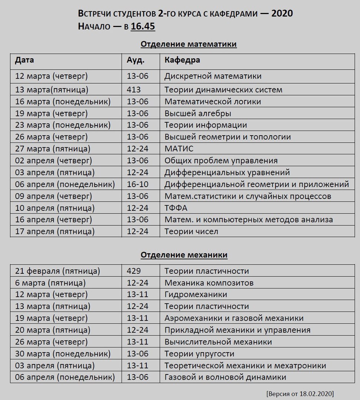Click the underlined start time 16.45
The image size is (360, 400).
click(143, 27)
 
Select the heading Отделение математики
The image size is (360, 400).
click(189, 44)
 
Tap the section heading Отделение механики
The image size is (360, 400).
click(184, 255)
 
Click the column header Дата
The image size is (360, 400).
click(24, 60)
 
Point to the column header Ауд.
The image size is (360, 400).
click(136, 60)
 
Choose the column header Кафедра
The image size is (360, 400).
click(182, 60)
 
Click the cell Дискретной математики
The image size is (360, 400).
click(213, 76)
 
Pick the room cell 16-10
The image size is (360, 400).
click(137, 184)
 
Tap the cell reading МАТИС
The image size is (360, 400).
click(179, 149)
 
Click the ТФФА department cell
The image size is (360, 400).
click(176, 208)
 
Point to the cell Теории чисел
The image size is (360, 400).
click(191, 231)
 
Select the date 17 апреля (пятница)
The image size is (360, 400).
click(55, 231)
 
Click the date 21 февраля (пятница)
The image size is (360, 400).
click(57, 271)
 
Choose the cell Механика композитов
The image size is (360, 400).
click(209, 283)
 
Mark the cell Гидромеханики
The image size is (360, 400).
click(196, 295)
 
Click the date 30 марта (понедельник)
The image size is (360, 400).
click(63, 354)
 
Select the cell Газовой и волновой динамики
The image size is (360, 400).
click(225, 377)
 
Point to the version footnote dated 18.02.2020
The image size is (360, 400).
click(300, 393)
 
